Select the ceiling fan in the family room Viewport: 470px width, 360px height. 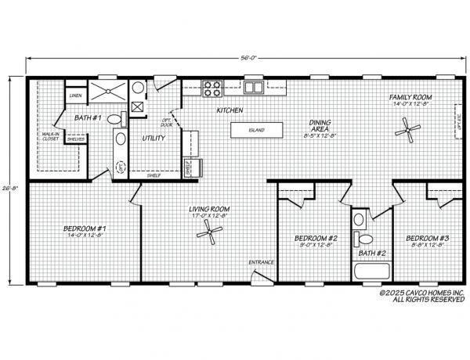tap(407, 129)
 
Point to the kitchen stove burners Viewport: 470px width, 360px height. tap(211, 87)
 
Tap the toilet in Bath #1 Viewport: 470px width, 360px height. tap(115, 120)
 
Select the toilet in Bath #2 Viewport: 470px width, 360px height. tap(362, 238)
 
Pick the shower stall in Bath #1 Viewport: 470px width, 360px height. tap(105, 92)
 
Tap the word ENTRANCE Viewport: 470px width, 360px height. tap(261, 261)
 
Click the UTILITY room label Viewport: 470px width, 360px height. tap(153, 139)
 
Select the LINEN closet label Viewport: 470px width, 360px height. tap(75, 95)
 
